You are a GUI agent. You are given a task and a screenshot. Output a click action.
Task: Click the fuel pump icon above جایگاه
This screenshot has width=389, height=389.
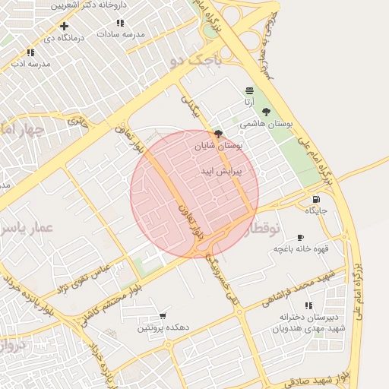[315, 199]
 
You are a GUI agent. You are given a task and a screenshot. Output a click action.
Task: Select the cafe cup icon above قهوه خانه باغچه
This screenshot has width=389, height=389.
[300, 238]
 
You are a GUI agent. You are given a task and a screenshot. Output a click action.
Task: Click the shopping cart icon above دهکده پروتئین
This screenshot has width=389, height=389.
[163, 316]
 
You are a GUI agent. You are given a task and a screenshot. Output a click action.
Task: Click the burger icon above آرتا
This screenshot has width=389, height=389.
[249, 90]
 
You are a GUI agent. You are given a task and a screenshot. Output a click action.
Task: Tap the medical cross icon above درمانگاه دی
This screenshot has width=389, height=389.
[64, 26]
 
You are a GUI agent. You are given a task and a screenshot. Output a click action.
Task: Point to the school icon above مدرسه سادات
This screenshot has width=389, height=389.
[138, 24]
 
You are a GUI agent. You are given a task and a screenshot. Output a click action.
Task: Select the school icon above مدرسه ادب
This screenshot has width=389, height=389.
[30, 52]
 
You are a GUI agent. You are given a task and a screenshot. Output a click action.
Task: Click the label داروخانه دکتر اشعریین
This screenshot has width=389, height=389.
[87, 5]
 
